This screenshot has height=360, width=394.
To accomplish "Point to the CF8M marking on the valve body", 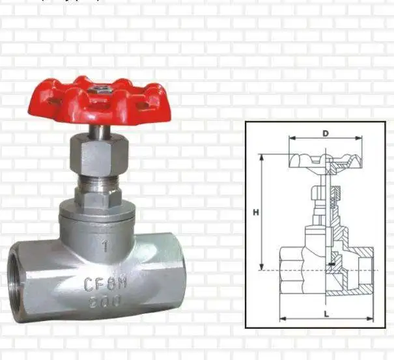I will [x=105, y=283].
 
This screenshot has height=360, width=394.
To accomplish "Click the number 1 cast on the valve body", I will [x=105, y=245].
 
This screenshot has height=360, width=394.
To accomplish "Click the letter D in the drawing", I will [x=325, y=133].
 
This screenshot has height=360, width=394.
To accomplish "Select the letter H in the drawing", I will [x=257, y=212].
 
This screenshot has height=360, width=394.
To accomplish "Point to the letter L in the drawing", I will [x=325, y=313].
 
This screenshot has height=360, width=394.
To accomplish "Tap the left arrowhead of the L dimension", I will [x=283, y=318].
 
